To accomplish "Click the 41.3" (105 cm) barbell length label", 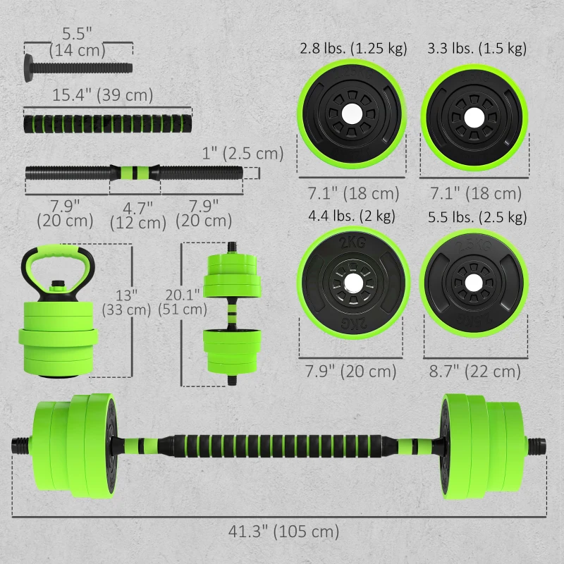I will click(x=281, y=531).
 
